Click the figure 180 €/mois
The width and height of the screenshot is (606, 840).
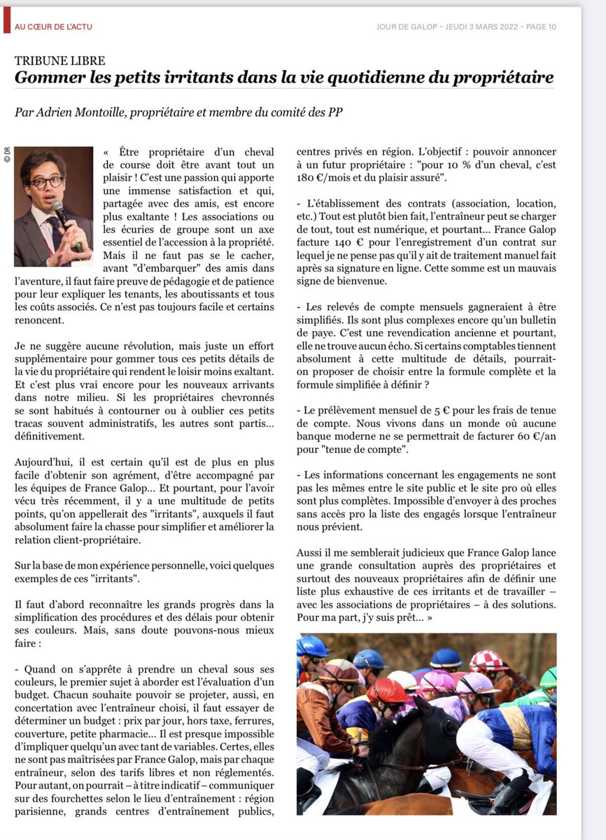tap(326, 178)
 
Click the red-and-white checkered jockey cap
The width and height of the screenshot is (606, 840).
tap(488, 659)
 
